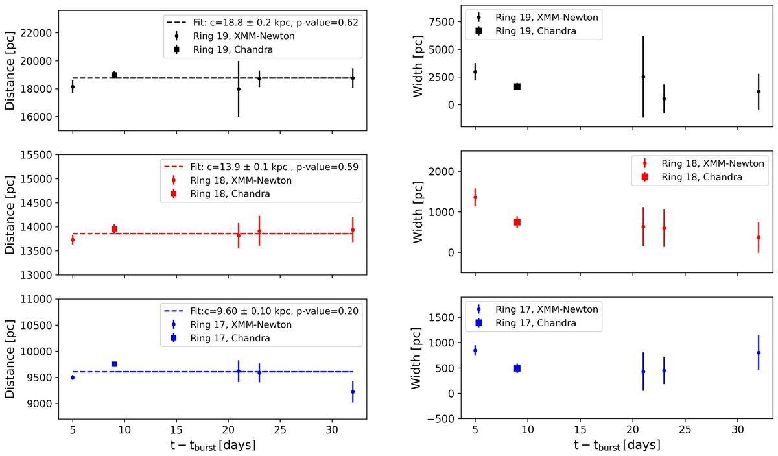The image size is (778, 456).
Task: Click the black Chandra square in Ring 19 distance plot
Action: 114,75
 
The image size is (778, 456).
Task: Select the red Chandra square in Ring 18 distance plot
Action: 114,229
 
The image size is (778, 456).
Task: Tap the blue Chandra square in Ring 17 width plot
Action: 517,368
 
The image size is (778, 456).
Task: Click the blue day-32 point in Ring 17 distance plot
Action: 353,392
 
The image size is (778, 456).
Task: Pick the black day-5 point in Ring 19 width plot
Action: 475,71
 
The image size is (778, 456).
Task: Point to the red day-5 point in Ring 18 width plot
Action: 475,197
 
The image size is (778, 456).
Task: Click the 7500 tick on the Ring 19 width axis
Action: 442,22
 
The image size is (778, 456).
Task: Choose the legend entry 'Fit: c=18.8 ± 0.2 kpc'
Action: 247,23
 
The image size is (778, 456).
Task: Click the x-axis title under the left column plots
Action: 213,445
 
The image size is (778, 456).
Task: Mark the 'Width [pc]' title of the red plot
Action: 418,211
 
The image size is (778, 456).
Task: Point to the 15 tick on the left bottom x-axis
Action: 176,430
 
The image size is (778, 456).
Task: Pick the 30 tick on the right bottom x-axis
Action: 738,430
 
